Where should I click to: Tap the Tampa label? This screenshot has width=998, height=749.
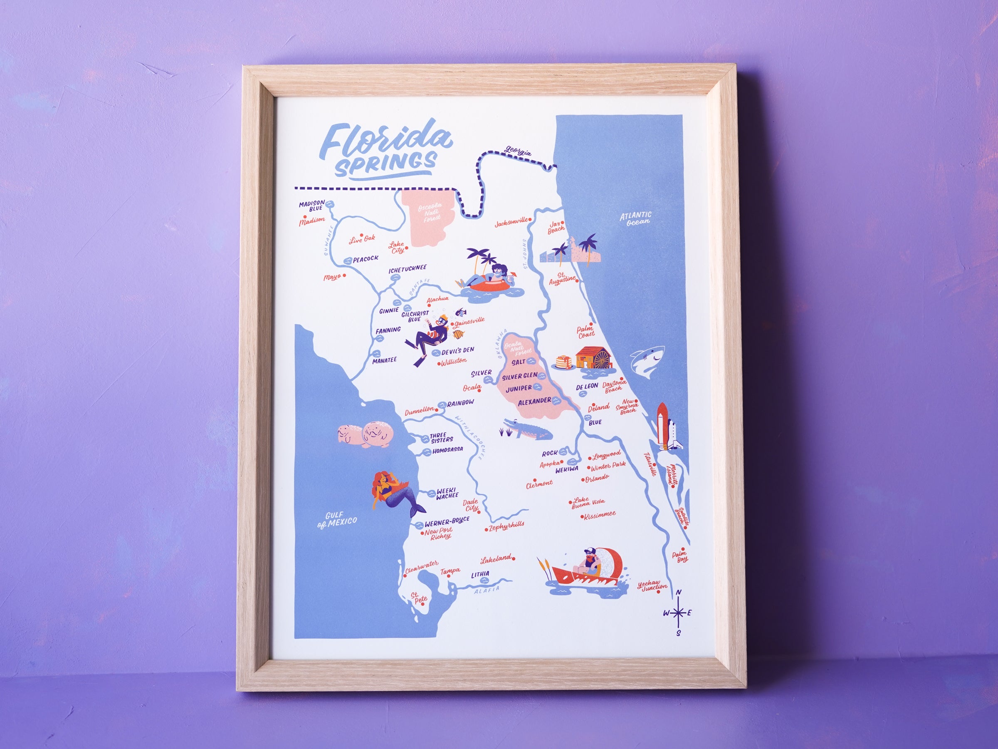coord(450,572)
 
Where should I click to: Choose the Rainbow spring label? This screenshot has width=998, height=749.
coord(461,402)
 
